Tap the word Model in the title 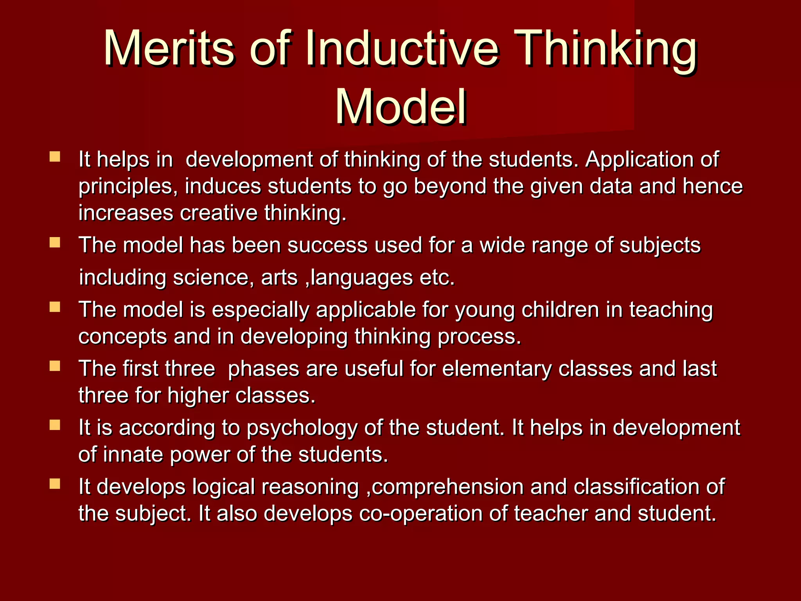pyautogui.click(x=400, y=107)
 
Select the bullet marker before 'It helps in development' pyautogui.click(x=55, y=157)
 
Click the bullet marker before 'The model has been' pyautogui.click(x=55, y=243)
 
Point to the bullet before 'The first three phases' pyautogui.click(x=55, y=366)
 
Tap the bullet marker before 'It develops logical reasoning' pyautogui.click(x=55, y=484)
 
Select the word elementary pyautogui.click(x=497, y=369)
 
